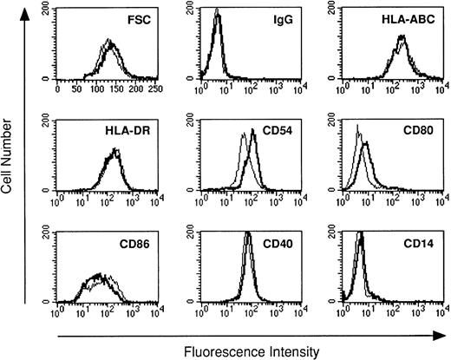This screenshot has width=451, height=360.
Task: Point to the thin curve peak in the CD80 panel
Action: (x=358, y=127)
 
